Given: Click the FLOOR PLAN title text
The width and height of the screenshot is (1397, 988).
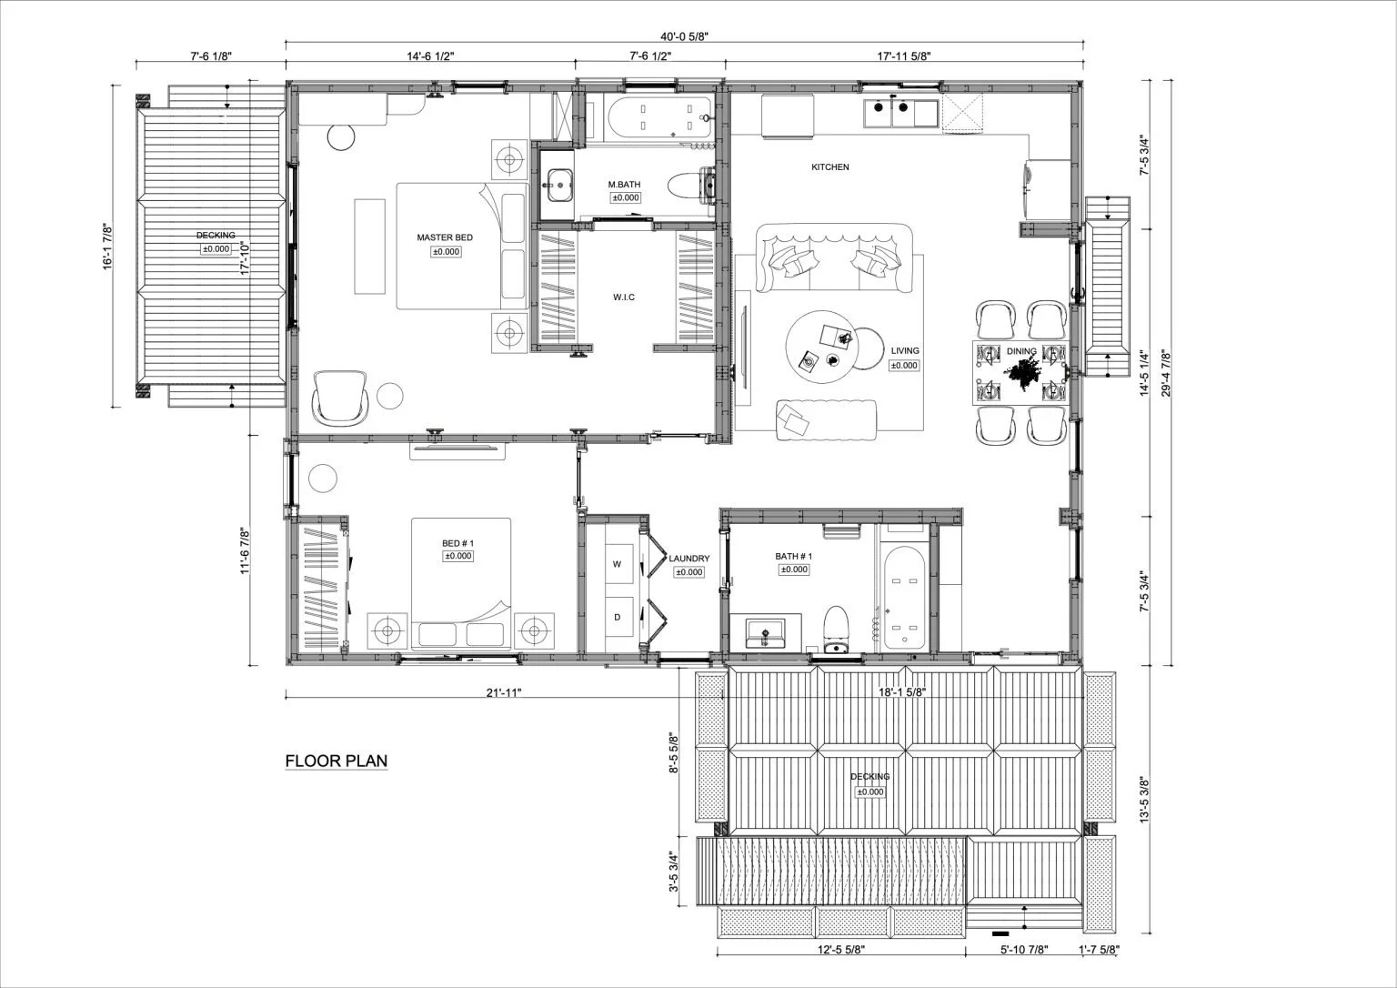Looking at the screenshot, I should click(x=337, y=761).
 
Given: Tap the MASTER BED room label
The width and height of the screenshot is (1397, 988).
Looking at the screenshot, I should click(x=445, y=237).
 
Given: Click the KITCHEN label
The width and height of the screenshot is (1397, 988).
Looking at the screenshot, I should click(x=829, y=167).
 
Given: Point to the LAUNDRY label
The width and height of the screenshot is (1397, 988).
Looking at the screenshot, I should click(x=688, y=559).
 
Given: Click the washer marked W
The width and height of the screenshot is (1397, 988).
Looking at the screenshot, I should click(x=617, y=564).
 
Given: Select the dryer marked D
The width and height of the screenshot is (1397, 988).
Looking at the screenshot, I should click(x=617, y=618).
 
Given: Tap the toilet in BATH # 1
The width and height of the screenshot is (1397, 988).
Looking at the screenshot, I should click(x=835, y=629).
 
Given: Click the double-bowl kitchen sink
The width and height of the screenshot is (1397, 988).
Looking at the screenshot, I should click(x=889, y=113).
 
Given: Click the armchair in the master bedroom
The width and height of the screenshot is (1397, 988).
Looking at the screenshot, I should click(x=339, y=398).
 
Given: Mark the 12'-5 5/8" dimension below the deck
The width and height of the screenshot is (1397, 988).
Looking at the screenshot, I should click(x=840, y=950).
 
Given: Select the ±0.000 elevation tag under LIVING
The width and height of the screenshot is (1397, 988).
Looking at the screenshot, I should click(x=904, y=365).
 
